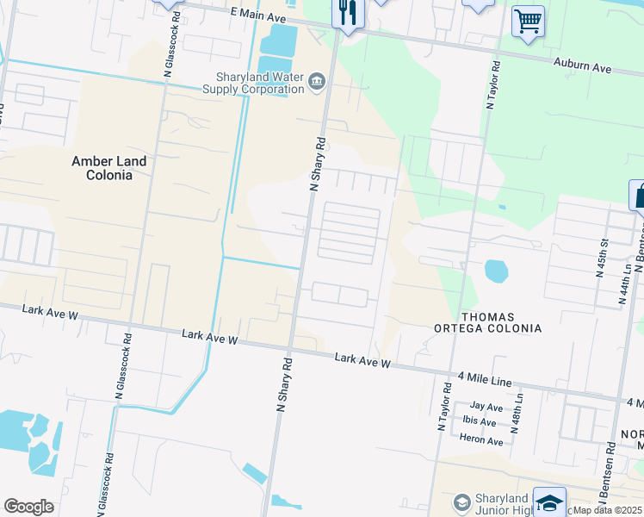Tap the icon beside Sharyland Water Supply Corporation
pos(316,82)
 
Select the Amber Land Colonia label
pos(102,168)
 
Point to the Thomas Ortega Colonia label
pos(501,323)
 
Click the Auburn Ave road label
pos(581,65)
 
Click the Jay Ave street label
pos(486,406)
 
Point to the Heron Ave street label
pos(480,440)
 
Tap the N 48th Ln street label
pos(517,413)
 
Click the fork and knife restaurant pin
pos(348,13)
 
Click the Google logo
pos(28,507)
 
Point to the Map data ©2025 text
pos(609,510)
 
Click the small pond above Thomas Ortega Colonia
pos(497,271)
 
